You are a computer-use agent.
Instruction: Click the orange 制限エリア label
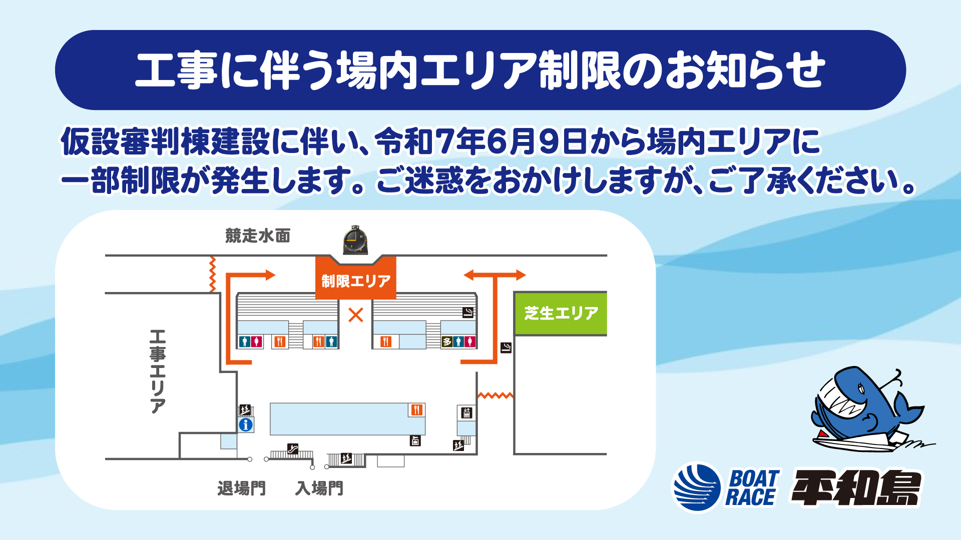pyautogui.click(x=356, y=281)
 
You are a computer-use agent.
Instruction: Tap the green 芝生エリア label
pyautogui.click(x=561, y=313)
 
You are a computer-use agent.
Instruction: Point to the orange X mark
pyautogui.click(x=356, y=315)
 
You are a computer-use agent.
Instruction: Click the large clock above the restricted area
pyautogui.click(x=355, y=240)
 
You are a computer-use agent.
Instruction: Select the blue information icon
pyautogui.click(x=246, y=425)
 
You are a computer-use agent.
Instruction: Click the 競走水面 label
pyautogui.click(x=258, y=235)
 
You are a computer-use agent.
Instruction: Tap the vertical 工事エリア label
pyautogui.click(x=158, y=371)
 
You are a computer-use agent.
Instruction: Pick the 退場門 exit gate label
pyautogui.click(x=242, y=488)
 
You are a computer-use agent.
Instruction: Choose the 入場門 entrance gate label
pyautogui.click(x=319, y=488)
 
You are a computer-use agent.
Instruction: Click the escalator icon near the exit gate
pyautogui.click(x=293, y=448)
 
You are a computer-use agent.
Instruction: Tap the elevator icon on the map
pyautogui.click(x=466, y=412)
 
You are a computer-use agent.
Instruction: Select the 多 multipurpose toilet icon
pyautogui.click(x=447, y=341)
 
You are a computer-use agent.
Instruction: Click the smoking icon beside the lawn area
pyautogui.click(x=506, y=347)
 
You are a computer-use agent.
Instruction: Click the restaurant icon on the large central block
pyautogui.click(x=416, y=410)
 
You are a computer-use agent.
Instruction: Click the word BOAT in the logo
pyautogui.click(x=755, y=478)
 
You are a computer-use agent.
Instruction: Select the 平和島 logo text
pyautogui.click(x=856, y=488)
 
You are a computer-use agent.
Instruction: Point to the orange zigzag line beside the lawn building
pyautogui.click(x=496, y=395)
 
